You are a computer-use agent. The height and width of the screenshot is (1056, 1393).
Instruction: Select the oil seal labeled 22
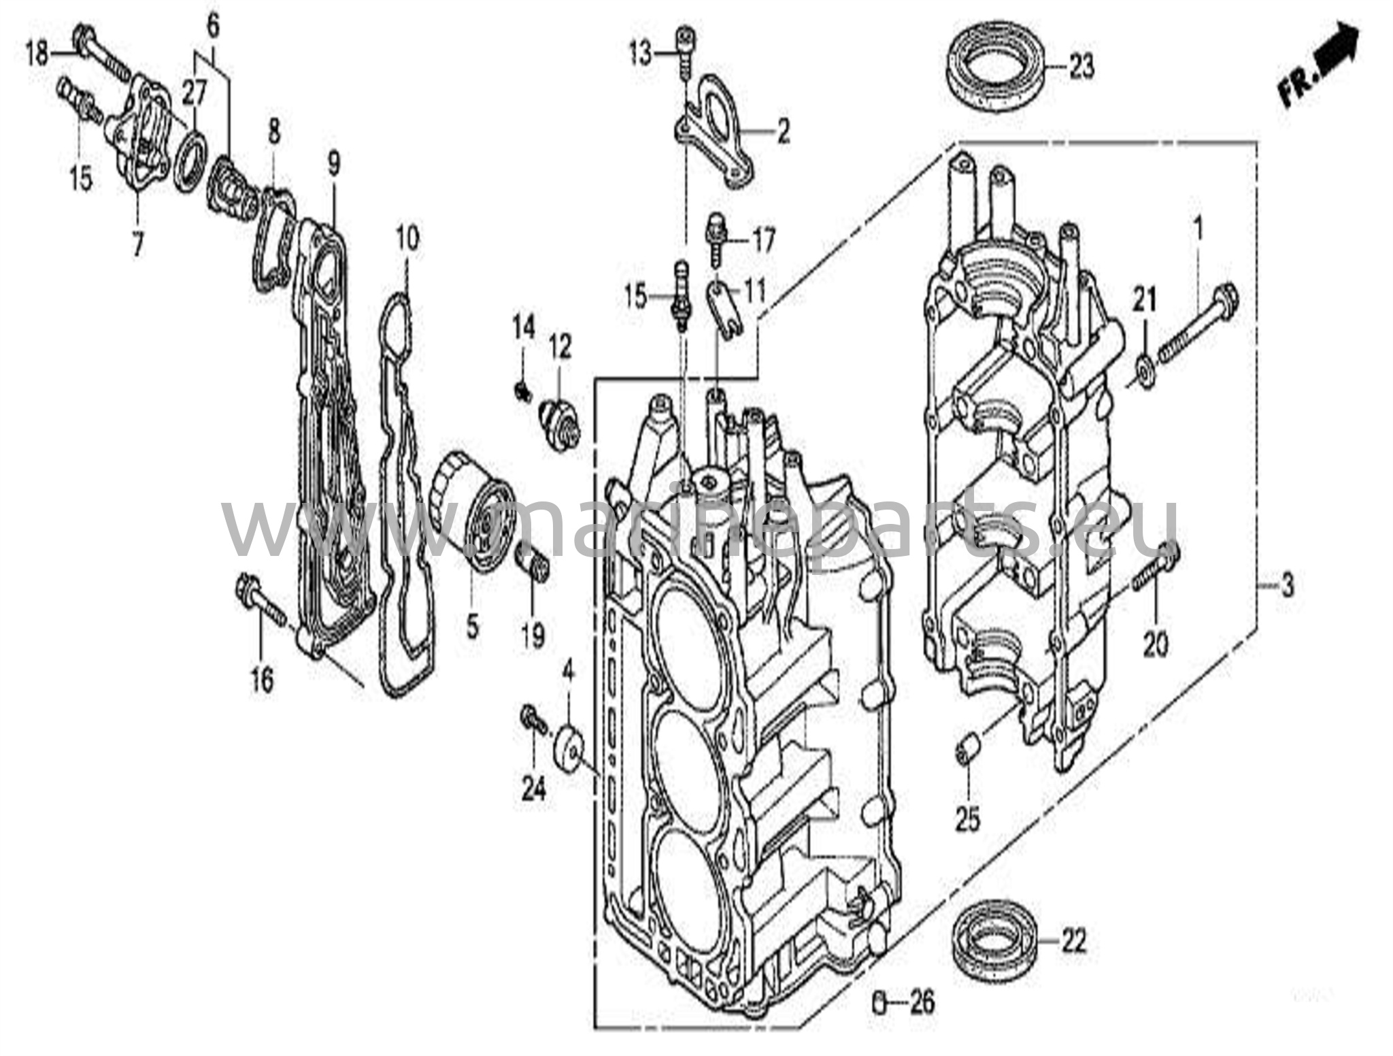coord(993,941)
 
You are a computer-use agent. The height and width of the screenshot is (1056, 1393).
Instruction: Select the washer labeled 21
coord(1145,374)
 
